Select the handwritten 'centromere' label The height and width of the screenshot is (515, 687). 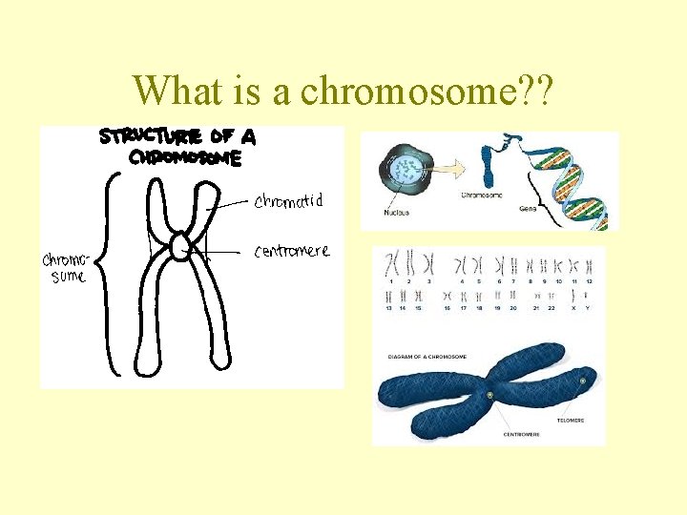point(292,252)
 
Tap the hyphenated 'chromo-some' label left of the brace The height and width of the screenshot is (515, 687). point(65,268)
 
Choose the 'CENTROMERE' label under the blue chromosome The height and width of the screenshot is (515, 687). point(520,433)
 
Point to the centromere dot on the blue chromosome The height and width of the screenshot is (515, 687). point(489,395)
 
